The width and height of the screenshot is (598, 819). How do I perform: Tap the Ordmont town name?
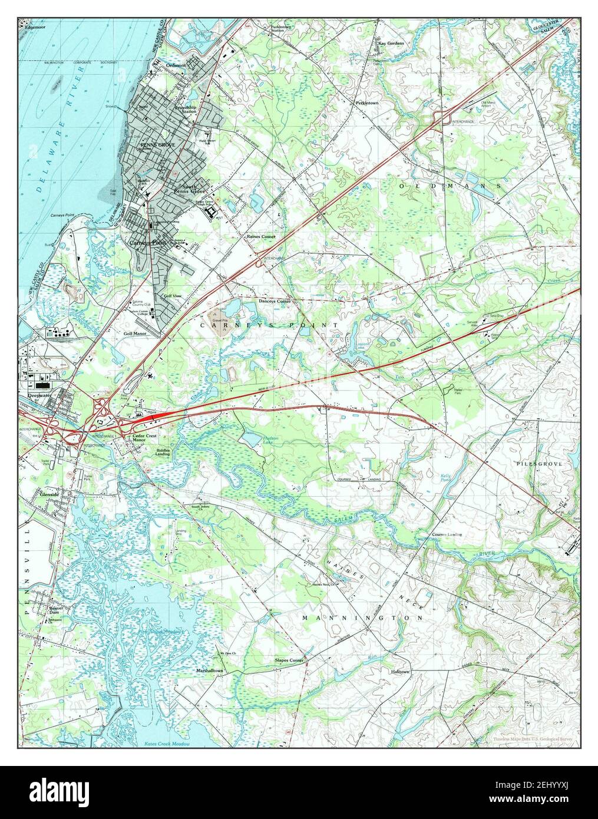(176, 65)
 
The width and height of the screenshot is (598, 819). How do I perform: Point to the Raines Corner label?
(261, 236)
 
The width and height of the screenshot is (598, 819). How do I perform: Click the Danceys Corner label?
(275, 301)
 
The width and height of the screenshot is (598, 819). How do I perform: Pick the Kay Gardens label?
(391, 43)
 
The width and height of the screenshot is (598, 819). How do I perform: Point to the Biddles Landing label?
(163, 452)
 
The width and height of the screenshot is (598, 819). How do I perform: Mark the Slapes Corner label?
(289, 661)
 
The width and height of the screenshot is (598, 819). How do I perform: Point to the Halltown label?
(399, 671)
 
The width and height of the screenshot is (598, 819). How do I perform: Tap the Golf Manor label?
(134, 333)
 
